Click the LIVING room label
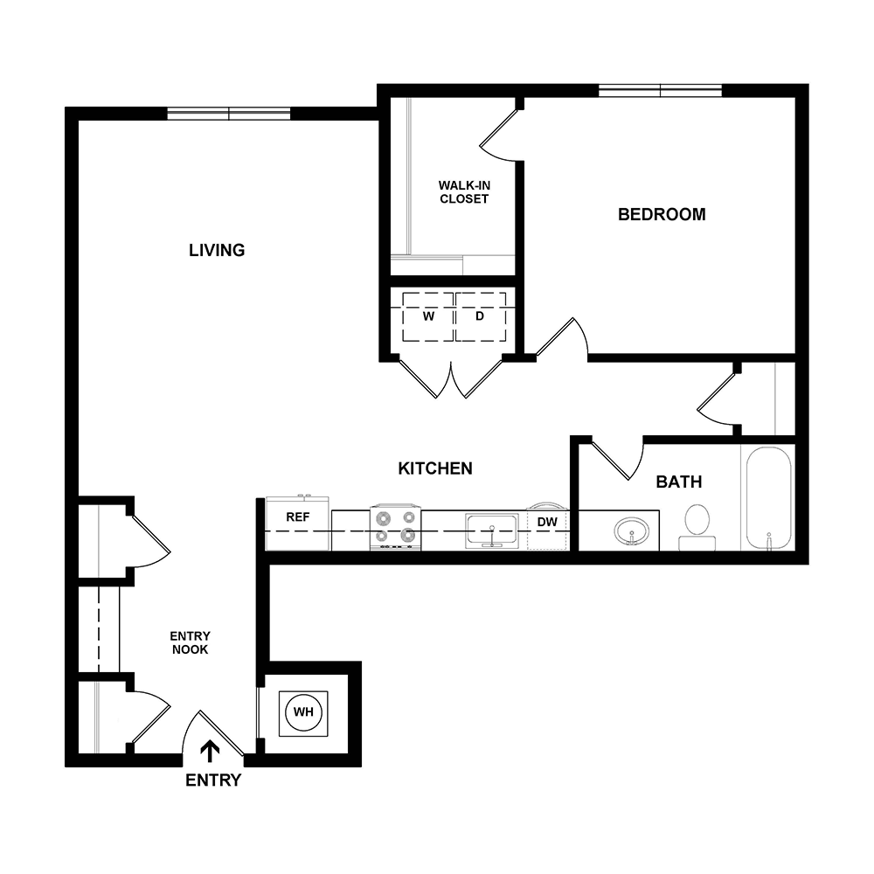click(217, 250)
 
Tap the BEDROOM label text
click(662, 214)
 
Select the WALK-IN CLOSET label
click(463, 191)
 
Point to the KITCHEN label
click(435, 468)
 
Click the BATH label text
click(679, 482)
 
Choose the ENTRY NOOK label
click(190, 642)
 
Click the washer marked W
click(428, 316)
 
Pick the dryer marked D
click(480, 316)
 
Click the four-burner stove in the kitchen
click(395, 527)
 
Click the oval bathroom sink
click(631, 531)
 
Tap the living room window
click(229, 113)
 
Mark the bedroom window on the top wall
click(660, 89)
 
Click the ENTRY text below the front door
click(212, 780)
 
